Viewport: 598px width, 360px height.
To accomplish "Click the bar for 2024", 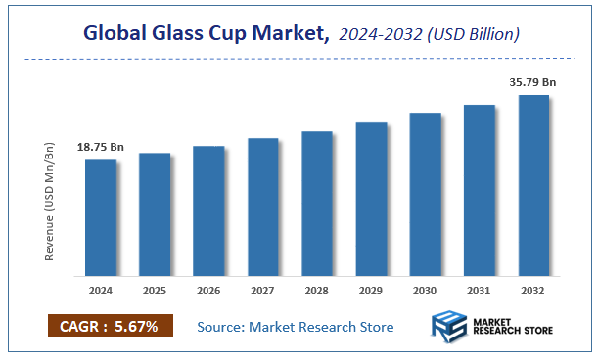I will pos(101,217).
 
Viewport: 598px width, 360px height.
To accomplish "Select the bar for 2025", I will pos(155,214).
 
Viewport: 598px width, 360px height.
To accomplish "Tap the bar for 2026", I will pos(208,210).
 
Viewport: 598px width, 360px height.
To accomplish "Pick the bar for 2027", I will pos(263,206).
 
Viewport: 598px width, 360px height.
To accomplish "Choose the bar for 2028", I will pos(317,202).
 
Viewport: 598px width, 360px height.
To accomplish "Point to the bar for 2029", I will pos(371,199).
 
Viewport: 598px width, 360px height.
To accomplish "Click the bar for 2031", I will pos(479,190).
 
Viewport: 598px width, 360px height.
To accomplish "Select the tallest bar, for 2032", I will pos(533,185).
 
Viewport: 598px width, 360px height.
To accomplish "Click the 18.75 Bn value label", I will pos(101,147).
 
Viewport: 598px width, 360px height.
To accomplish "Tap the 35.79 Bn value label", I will pos(533,83).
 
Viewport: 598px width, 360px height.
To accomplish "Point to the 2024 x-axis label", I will pos(101,291).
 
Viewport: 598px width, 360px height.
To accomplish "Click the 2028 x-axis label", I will pos(317,291).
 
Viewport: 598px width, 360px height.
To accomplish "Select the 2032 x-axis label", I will pos(533,291).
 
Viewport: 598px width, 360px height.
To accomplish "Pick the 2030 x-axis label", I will pos(425,291).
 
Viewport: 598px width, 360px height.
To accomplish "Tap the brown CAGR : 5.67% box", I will pos(109,326).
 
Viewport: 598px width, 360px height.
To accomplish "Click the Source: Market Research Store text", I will pos(295,326).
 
